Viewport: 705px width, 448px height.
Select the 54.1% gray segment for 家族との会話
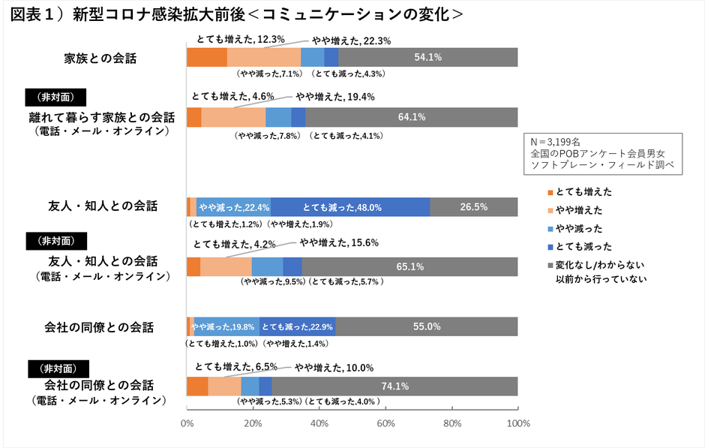(x=427, y=57)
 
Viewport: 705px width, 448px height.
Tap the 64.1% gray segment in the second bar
(x=411, y=117)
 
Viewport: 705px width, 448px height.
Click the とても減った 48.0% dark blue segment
(x=350, y=207)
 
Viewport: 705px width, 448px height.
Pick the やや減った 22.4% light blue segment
(x=233, y=207)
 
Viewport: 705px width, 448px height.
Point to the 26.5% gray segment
(x=474, y=207)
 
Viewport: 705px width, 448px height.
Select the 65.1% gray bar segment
(x=409, y=266)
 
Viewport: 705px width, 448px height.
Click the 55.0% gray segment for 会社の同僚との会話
(x=426, y=326)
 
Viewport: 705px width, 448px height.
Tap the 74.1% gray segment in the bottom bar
(x=394, y=386)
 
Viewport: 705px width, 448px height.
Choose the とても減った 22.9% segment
(x=298, y=326)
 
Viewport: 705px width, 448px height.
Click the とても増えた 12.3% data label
(x=240, y=37)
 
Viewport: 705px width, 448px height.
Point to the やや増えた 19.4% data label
(x=334, y=97)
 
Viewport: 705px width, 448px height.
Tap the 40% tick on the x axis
(x=319, y=423)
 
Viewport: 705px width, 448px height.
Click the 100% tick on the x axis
(x=518, y=423)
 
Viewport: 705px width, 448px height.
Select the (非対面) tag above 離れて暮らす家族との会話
(x=55, y=98)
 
